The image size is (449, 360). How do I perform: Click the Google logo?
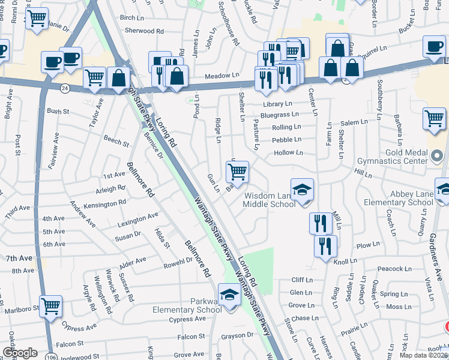point(20,353)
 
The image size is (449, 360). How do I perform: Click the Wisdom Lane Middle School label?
point(269,200)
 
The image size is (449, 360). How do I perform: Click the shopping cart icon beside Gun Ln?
point(238,172)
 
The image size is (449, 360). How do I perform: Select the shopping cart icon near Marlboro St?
point(51,306)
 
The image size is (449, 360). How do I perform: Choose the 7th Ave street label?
point(19,258)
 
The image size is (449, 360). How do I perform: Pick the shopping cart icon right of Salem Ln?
point(434,118)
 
